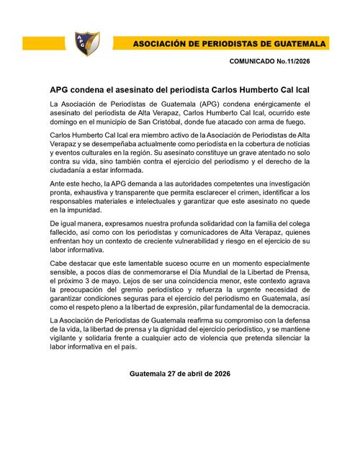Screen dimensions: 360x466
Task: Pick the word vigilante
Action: (72, 336)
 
